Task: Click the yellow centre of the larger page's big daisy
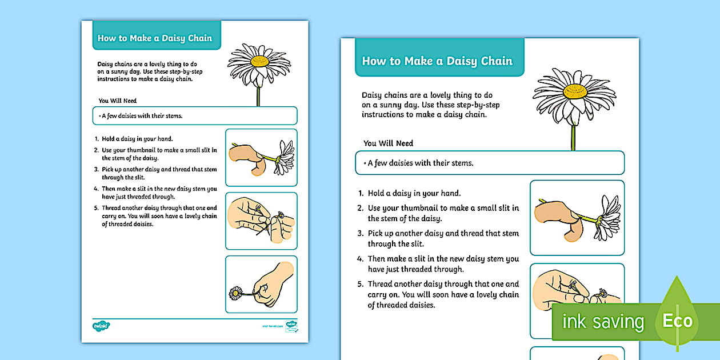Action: pyautogui.click(x=575, y=91)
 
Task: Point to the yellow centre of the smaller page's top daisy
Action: pyautogui.click(x=259, y=61)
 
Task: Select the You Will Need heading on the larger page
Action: pyautogui.click(x=388, y=143)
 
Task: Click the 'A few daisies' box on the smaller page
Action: pyautogui.click(x=194, y=116)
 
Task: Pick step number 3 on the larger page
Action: pyautogui.click(x=361, y=233)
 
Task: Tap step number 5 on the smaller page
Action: pyautogui.click(x=97, y=208)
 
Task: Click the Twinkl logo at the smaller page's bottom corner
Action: pyautogui.click(x=101, y=326)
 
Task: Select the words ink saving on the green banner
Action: pyautogui.click(x=603, y=322)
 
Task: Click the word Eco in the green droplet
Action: pyautogui.click(x=677, y=321)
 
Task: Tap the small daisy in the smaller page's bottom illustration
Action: pyautogui.click(x=235, y=293)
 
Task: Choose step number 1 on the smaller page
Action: pyautogui.click(x=97, y=139)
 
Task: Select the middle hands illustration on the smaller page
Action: pyautogui.click(x=261, y=221)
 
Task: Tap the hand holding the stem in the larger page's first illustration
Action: pyautogui.click(x=557, y=218)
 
